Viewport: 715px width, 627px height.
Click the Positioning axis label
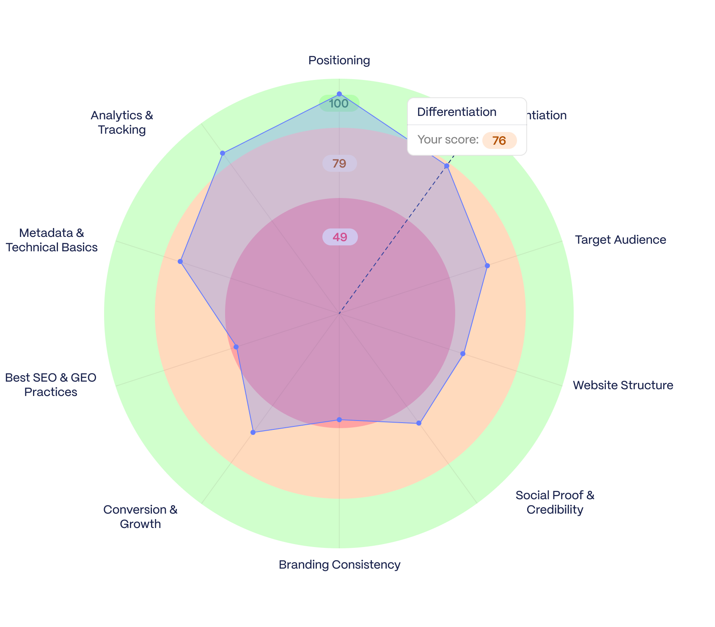(x=339, y=60)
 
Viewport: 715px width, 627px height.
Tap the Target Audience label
(x=620, y=240)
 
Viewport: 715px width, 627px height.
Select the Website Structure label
(x=623, y=385)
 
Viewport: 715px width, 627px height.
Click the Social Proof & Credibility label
(x=555, y=502)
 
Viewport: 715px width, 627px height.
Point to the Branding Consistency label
(x=339, y=565)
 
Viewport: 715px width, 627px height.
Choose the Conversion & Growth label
(x=140, y=517)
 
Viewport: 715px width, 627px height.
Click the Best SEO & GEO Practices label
(x=51, y=385)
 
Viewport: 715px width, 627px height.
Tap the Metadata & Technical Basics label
(x=52, y=240)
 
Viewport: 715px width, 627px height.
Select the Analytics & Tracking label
(x=122, y=122)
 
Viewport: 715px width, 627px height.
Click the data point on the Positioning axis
(x=339, y=94)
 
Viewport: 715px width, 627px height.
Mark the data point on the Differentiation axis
(x=447, y=166)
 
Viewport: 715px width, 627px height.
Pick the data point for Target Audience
(x=487, y=266)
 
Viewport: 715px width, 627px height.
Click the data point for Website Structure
(x=463, y=353)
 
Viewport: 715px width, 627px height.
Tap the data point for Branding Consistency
(x=339, y=420)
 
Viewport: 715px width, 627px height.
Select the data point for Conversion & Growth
(x=253, y=432)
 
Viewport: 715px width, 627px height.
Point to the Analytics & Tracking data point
(x=223, y=153)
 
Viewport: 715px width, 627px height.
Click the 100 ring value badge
(x=339, y=104)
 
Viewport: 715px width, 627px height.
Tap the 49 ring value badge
(x=340, y=237)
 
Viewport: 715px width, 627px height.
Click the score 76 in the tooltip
(x=499, y=140)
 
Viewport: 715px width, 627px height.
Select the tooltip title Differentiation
(x=456, y=112)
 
